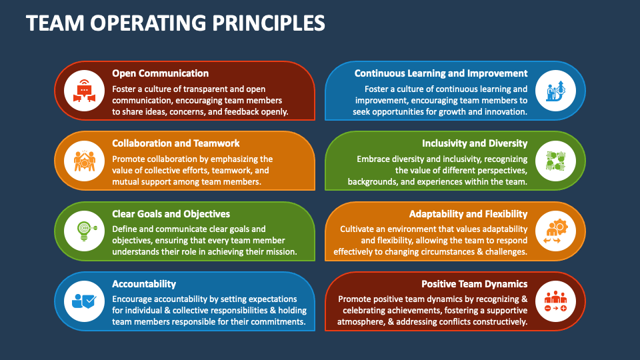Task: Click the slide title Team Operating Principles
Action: (175, 23)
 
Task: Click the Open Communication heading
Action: (161, 73)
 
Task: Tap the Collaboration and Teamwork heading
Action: (176, 143)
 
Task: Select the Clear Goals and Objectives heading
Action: (171, 214)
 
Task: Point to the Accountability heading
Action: (144, 284)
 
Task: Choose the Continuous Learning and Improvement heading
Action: (441, 73)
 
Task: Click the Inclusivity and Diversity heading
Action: (475, 144)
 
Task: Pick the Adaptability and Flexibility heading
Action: (468, 214)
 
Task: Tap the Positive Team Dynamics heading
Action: (474, 284)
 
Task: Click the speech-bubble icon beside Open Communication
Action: (84, 91)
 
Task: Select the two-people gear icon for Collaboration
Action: (85, 161)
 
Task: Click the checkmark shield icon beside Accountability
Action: (84, 301)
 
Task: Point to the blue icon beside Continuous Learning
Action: (555, 91)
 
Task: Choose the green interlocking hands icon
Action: (555, 161)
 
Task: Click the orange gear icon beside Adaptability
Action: (555, 231)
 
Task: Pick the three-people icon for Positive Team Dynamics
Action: (555, 301)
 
